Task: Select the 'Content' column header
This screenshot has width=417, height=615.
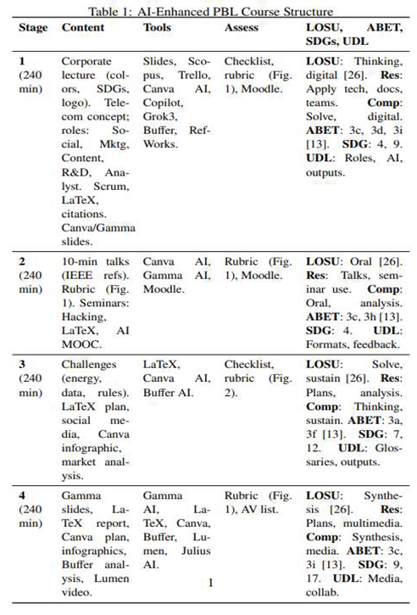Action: (83, 27)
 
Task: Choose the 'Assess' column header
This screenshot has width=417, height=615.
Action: (242, 27)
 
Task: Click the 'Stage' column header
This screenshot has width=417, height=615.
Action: (33, 27)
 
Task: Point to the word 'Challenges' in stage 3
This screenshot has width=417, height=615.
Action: (89, 363)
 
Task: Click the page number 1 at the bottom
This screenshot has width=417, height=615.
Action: (209, 582)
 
